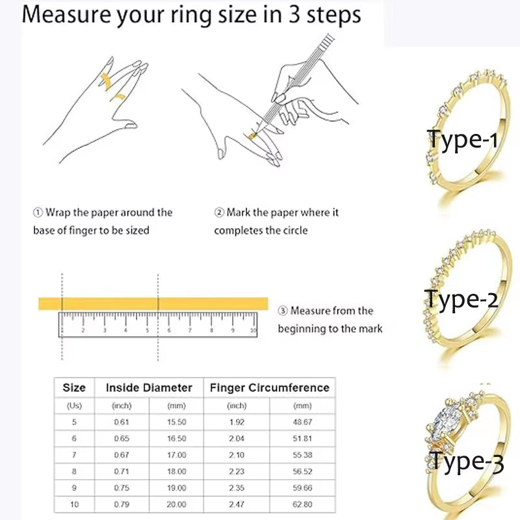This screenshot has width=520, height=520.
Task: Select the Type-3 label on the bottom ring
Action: (466, 462)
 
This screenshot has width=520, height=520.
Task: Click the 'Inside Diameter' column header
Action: (149, 387)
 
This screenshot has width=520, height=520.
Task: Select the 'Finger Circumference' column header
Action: (269, 387)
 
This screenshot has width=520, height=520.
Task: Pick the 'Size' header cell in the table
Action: (74, 387)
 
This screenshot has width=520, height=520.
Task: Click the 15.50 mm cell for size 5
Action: (176, 421)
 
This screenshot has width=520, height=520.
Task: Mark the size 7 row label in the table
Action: (74, 455)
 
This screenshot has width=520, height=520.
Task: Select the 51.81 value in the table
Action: (302, 438)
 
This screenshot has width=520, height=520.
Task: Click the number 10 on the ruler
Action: (253, 331)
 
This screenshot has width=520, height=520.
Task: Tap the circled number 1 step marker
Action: (38, 213)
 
